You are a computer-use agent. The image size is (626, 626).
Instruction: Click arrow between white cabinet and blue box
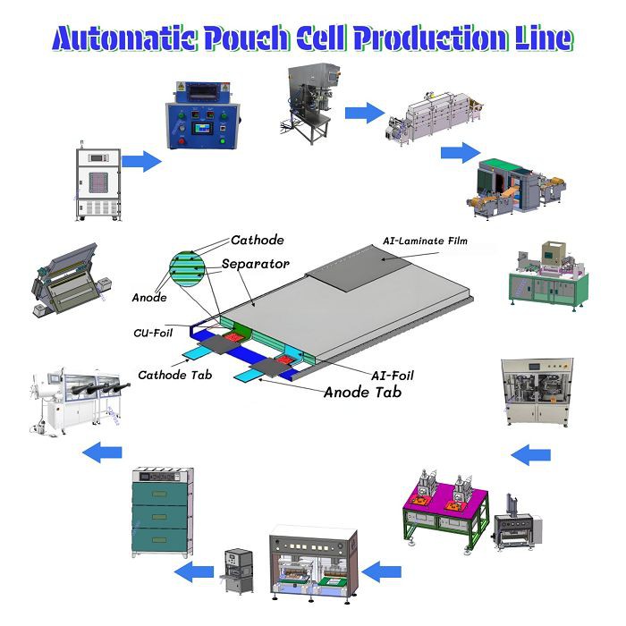click(140, 162)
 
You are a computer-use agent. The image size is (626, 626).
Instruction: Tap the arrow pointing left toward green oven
click(192, 571)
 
